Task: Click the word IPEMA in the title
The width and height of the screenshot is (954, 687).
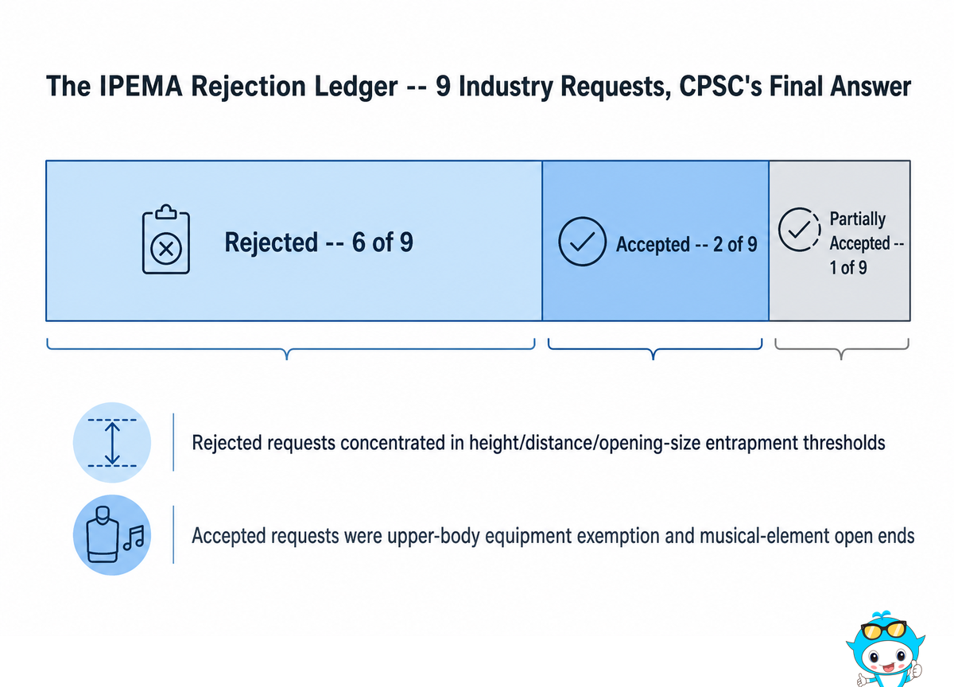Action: coord(141,86)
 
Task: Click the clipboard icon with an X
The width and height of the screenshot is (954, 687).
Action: coord(165,239)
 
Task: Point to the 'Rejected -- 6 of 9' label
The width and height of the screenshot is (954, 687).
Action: coord(319,242)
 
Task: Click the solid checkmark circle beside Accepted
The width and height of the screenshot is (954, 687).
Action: coord(582,242)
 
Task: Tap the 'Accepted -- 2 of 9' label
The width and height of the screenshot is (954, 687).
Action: coord(687,244)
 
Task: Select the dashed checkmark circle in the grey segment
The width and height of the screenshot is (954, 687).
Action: coord(799,230)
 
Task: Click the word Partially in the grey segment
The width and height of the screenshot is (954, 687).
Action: coord(857,219)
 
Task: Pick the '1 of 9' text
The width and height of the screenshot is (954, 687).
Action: coord(848,267)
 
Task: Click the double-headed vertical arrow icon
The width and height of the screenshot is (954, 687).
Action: coord(112,443)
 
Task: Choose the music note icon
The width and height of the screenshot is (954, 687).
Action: coord(134,538)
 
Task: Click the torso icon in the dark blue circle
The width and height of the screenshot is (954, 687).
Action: coord(103,534)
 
